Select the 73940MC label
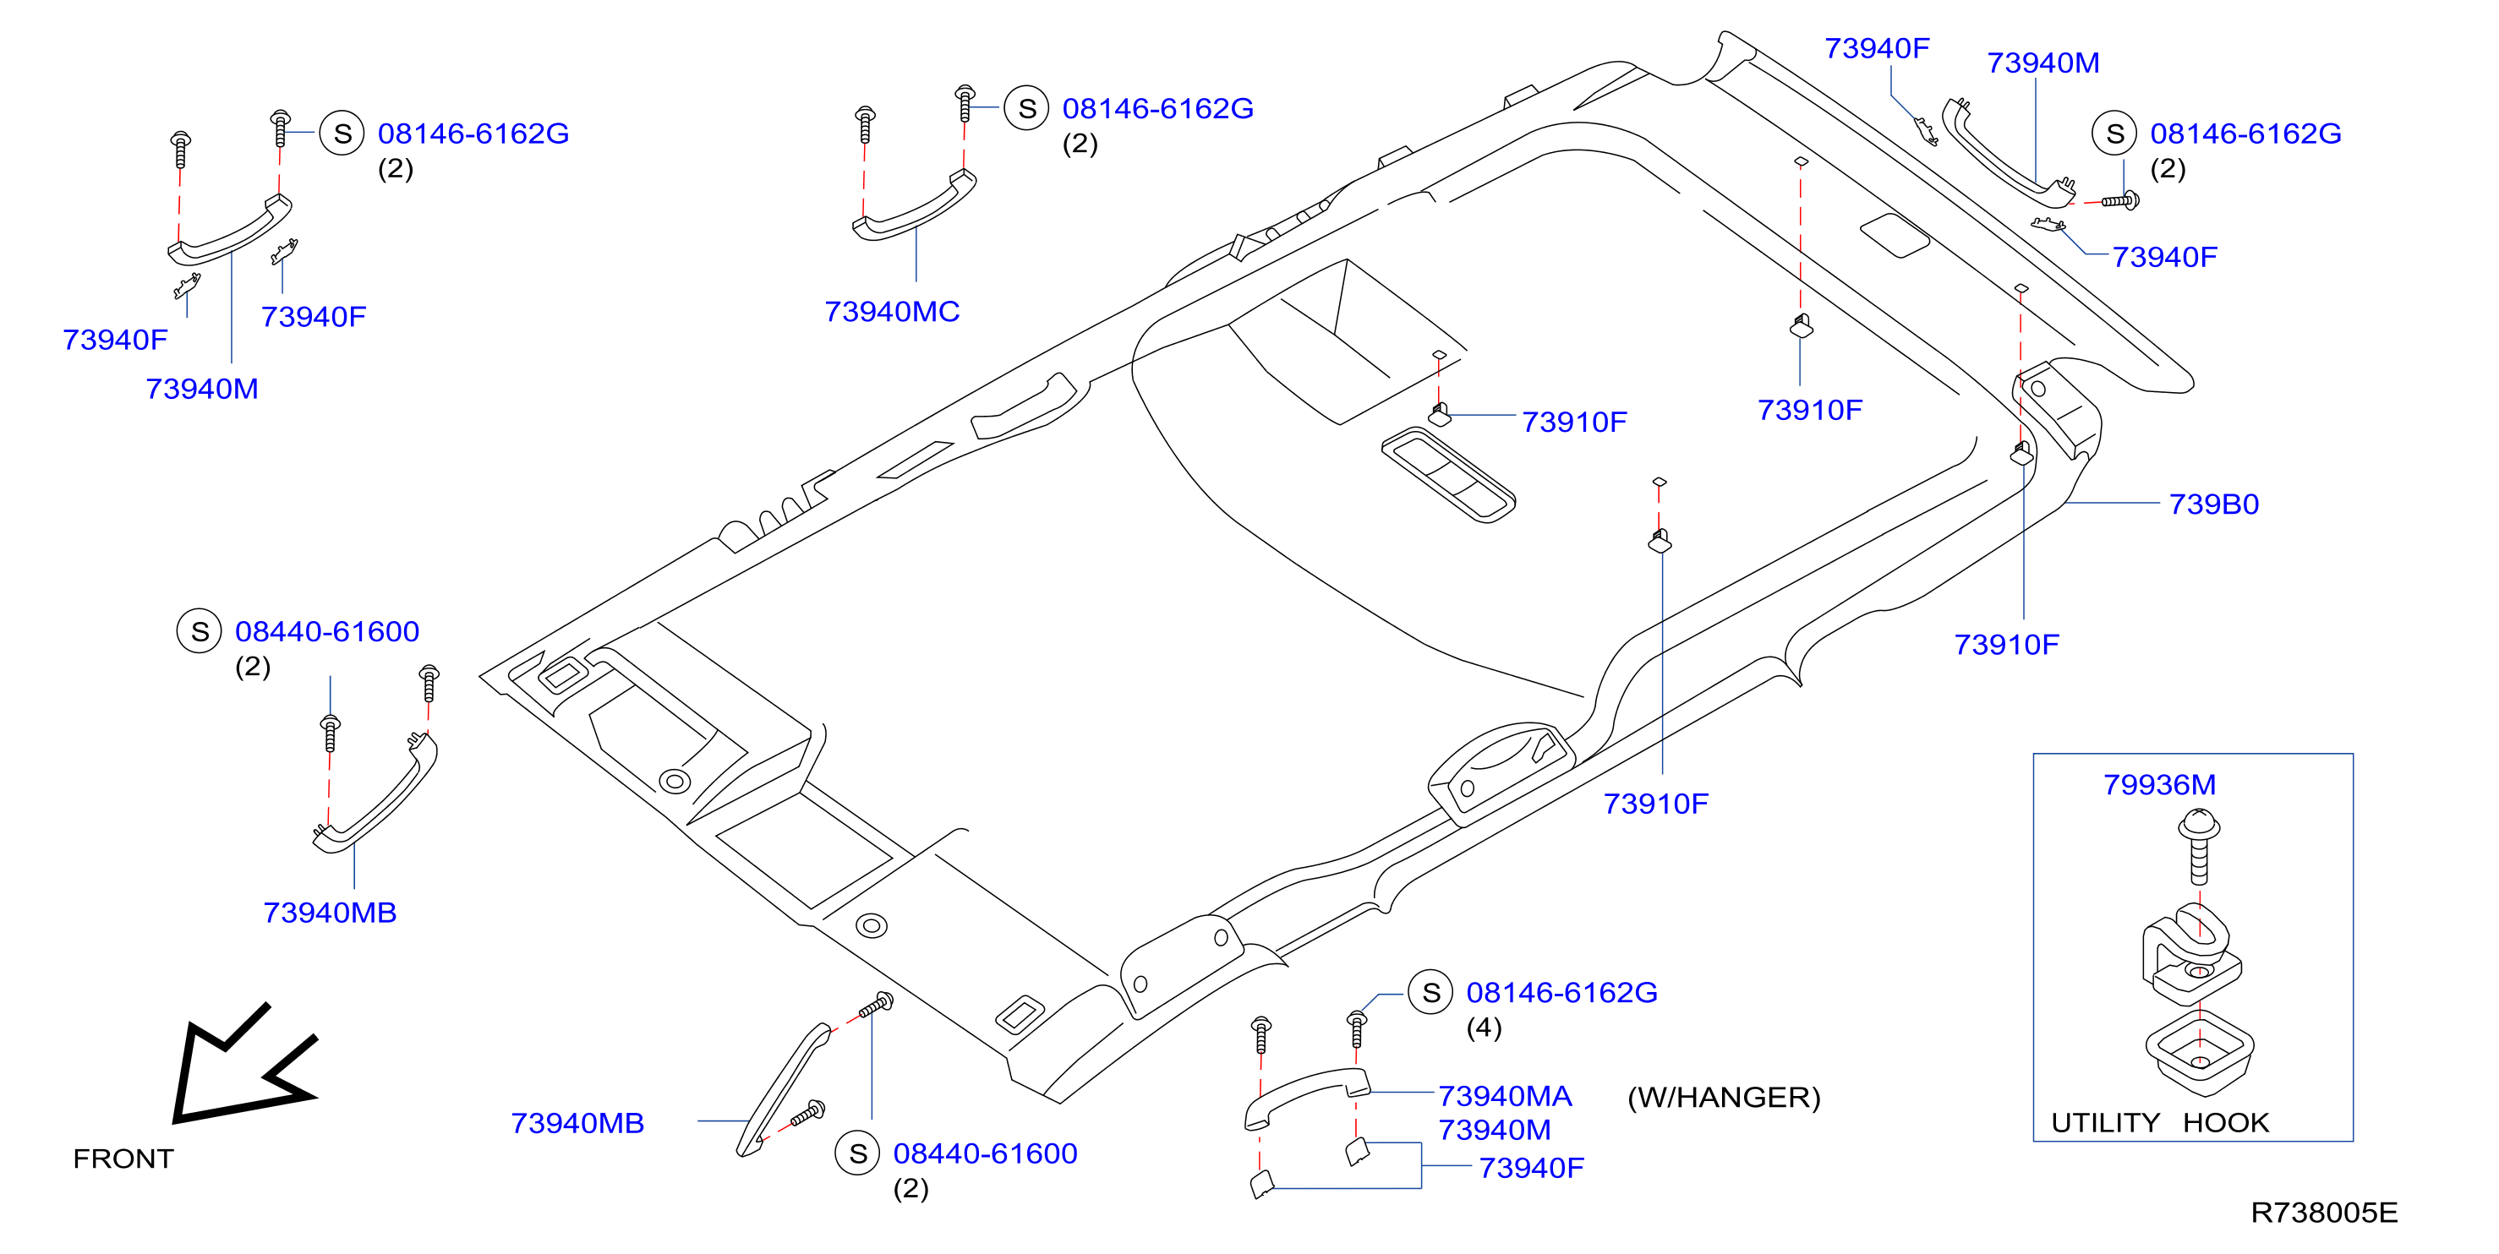coord(892,311)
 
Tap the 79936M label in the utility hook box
coord(2159,785)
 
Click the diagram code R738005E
coord(2323,1213)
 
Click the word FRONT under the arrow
coord(123,1159)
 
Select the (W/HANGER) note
coord(1724,1097)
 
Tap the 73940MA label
coord(1505,1096)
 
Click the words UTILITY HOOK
coord(2159,1122)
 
